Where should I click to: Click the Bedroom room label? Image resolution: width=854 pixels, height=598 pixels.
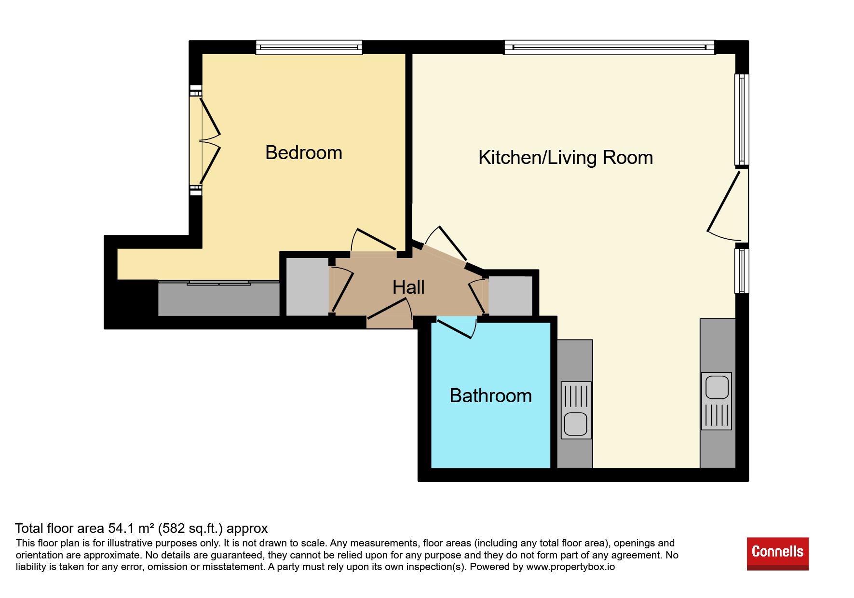click(304, 153)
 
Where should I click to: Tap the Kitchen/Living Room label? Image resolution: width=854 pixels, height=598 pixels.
click(566, 158)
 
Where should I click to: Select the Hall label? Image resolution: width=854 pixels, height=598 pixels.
click(408, 287)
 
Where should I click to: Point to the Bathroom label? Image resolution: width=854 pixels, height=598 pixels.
click(490, 396)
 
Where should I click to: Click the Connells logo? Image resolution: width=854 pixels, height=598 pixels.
click(777, 554)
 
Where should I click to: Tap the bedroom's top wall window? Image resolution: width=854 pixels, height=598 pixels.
click(309, 47)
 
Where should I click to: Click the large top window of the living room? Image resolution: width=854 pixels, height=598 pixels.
click(610, 47)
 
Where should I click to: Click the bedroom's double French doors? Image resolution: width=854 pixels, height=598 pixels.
click(205, 141)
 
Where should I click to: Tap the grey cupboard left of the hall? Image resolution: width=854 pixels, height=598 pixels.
click(307, 287)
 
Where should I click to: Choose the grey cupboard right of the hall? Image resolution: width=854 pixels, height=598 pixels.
click(511, 296)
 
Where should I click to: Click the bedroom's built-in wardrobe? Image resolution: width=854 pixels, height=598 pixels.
click(219, 299)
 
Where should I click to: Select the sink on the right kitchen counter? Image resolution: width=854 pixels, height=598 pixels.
click(717, 401)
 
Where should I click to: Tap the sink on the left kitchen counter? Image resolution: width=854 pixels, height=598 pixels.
click(576, 410)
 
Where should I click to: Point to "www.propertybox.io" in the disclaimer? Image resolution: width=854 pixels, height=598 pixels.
click(570, 567)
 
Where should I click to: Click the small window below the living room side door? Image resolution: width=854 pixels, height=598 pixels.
click(742, 271)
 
